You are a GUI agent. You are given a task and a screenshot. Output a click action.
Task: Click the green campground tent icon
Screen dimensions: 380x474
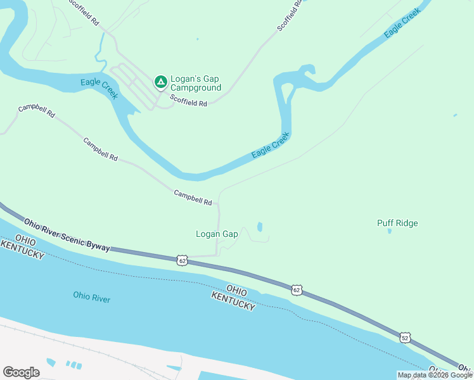161,82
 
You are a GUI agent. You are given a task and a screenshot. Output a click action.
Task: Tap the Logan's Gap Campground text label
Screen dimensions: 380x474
196,84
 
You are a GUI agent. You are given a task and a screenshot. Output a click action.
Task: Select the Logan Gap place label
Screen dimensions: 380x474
217,234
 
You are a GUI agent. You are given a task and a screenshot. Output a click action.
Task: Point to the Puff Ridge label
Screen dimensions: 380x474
397,223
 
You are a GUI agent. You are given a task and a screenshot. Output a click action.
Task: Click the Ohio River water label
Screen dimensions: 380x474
92,296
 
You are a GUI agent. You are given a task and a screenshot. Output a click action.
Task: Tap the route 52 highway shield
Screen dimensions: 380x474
405,338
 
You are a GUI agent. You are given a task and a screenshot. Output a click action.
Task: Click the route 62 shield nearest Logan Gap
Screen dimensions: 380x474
183,260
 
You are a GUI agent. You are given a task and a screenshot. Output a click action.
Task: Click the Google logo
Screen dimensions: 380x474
21,372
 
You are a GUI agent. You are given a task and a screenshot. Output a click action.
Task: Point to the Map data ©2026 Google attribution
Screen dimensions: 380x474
435,375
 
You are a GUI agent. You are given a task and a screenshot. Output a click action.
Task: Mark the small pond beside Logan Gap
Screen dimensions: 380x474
260,227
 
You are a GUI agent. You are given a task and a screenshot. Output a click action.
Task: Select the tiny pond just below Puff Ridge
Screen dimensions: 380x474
389,231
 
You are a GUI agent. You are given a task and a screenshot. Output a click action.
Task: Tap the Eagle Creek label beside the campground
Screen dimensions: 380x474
99,88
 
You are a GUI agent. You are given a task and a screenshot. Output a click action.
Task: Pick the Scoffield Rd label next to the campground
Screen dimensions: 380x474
188,100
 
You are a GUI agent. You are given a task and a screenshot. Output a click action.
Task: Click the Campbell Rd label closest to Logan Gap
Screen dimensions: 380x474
193,198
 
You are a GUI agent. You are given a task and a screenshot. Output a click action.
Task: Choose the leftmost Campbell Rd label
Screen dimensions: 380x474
36,112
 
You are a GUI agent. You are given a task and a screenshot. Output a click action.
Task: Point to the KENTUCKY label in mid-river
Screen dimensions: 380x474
233,301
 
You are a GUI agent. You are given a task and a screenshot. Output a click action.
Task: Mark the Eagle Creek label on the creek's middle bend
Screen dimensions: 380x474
271,146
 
